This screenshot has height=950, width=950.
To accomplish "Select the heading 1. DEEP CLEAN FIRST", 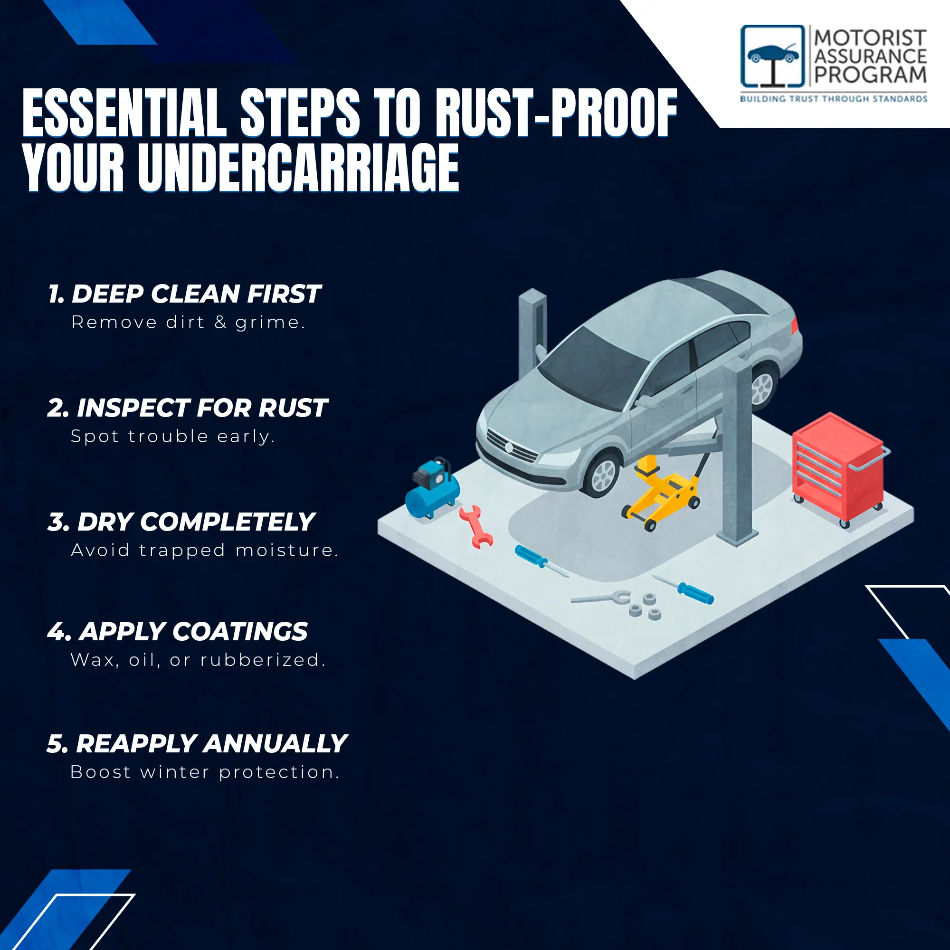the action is (x=184, y=294).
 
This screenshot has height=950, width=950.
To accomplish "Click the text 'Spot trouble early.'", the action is (x=172, y=437).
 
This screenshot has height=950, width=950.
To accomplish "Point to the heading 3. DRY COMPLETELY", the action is (x=181, y=522).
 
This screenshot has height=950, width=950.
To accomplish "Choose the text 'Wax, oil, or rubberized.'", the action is (x=198, y=660).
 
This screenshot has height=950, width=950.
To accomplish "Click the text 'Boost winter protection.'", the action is (x=205, y=772).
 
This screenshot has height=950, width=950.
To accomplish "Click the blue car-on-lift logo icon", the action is (x=773, y=57).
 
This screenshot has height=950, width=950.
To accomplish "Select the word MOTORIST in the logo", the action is (x=870, y=38).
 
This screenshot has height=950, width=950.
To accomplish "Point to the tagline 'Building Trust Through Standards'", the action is (x=834, y=99).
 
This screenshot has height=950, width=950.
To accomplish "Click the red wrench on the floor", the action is (x=475, y=527).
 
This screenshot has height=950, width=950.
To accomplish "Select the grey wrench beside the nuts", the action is (x=601, y=598).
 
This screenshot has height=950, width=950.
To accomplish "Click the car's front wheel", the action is (x=601, y=475).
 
